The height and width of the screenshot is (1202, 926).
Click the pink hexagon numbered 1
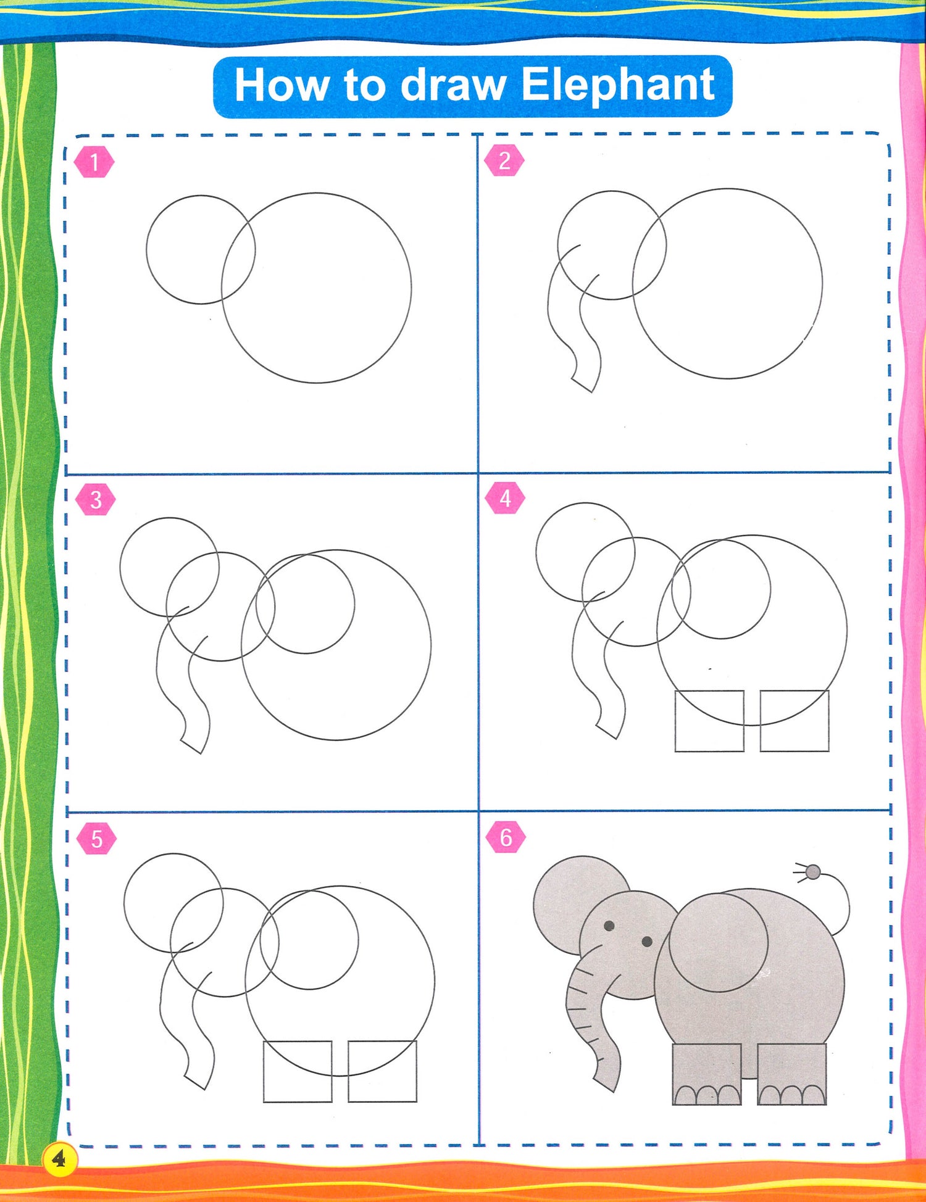94,162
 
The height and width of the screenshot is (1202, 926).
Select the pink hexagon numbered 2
504,160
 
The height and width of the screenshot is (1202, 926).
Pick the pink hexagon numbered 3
96,499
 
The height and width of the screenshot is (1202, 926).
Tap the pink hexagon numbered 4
505,497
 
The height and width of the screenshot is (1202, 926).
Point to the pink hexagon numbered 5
96,839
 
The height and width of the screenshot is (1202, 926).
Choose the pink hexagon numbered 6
506,837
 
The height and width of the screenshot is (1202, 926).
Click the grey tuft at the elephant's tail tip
813,872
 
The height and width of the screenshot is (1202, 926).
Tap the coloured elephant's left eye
609,926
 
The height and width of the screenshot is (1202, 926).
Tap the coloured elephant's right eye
647,941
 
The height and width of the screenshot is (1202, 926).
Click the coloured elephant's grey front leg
707,1074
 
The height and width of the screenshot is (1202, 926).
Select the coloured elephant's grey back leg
792,1074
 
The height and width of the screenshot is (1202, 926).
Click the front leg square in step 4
675,721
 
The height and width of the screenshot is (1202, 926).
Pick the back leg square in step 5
417,1071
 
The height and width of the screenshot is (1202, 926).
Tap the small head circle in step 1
146,249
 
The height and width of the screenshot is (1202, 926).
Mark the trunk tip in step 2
583,384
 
